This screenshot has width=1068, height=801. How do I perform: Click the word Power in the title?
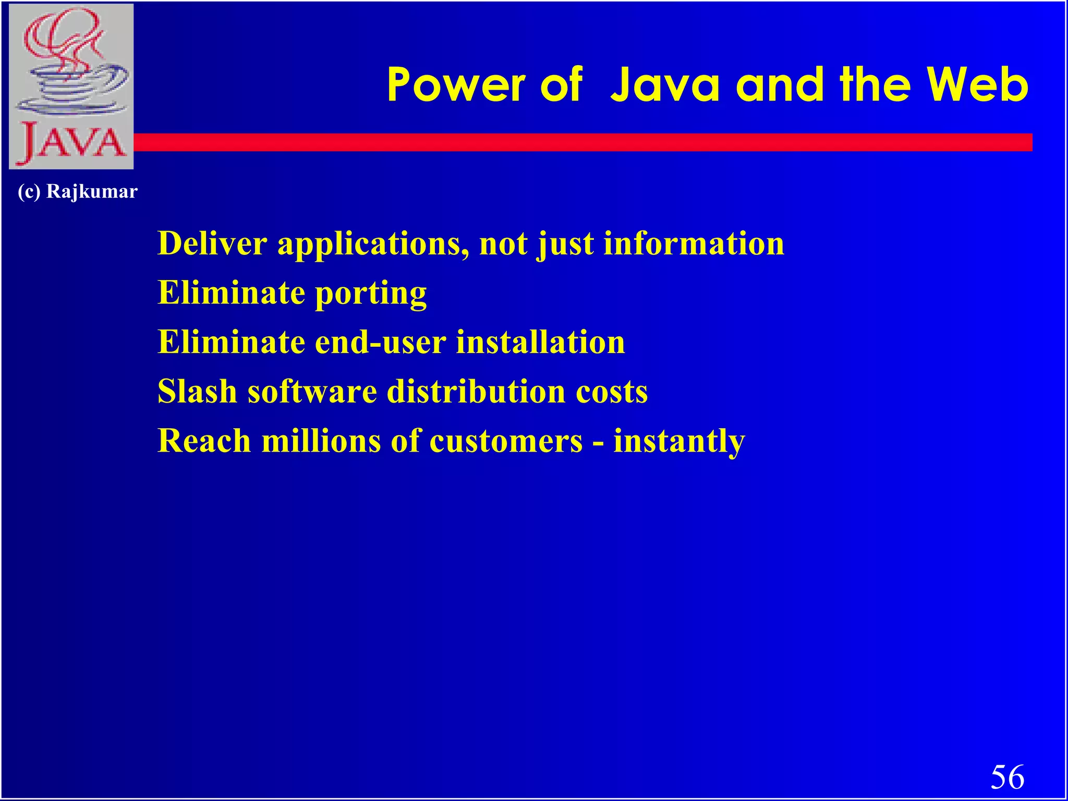pos(456,86)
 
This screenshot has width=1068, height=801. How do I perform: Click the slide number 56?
pos(1007,777)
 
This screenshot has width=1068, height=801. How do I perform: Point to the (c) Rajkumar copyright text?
pos(77,191)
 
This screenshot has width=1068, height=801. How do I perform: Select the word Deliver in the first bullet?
pos(212,244)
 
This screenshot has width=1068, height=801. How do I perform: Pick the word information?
pos(694,244)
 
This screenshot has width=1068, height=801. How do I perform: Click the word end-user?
pos(380,343)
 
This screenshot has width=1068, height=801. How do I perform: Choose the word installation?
pos(540,343)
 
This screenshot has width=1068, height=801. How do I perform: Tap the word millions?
pos(321,441)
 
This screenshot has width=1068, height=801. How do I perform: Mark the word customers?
pos(506,441)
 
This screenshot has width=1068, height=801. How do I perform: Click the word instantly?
pos(679,442)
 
